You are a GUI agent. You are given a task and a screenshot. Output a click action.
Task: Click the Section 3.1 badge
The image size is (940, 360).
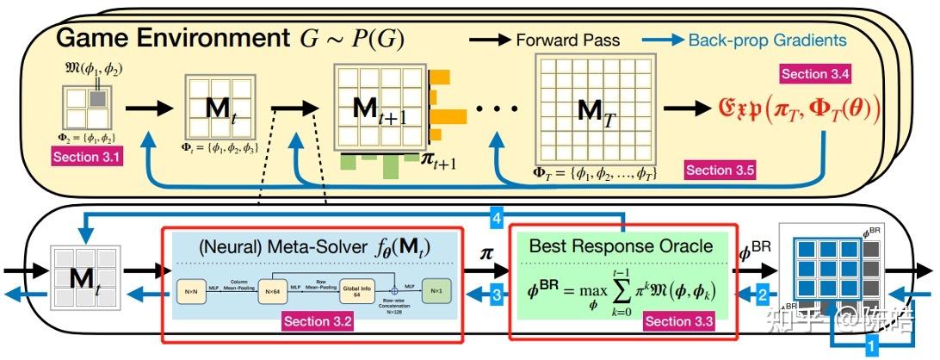89,158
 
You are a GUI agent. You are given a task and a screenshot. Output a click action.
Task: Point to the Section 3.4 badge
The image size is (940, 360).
816,73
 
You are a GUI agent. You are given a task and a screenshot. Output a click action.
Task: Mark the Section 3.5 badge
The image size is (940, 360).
720,170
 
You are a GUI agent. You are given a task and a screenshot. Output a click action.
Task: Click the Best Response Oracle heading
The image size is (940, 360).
622,246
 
